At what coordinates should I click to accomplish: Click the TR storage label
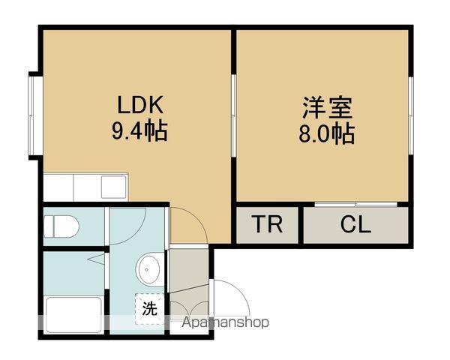[x=267, y=224]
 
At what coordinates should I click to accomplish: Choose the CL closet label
[x=355, y=224]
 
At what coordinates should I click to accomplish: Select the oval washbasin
[x=149, y=268]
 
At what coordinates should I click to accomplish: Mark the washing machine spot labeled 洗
[x=149, y=307]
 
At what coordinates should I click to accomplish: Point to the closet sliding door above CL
[x=355, y=204]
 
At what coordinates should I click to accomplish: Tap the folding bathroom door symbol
[x=97, y=260]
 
